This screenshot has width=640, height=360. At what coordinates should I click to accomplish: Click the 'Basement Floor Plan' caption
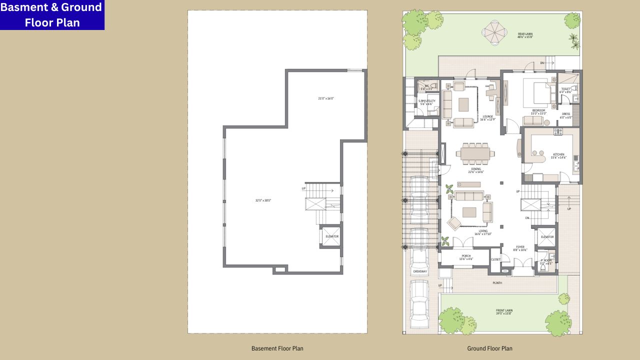point(277,348)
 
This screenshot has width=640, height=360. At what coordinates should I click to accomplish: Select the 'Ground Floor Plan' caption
point(489,348)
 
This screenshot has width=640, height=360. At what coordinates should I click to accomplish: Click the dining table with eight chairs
point(475,154)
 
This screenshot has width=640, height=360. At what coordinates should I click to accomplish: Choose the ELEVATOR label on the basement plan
point(331,236)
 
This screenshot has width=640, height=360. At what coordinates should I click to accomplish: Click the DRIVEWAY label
point(420,271)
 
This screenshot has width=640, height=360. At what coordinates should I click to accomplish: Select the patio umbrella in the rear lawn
point(495,32)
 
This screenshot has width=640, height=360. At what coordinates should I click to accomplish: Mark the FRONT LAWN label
point(504,311)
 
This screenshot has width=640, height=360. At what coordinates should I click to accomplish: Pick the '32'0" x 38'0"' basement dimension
point(263,200)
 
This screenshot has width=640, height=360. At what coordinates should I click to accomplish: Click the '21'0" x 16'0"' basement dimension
point(326,98)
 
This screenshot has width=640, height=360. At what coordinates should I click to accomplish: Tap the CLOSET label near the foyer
point(495,259)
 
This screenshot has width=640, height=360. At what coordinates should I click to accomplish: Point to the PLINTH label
point(497,283)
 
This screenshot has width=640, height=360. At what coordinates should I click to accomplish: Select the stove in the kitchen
point(558,132)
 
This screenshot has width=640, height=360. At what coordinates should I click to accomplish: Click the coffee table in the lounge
point(464,104)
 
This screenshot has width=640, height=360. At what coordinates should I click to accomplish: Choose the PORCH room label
point(466,257)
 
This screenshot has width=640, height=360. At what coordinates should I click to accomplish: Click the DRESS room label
point(566,114)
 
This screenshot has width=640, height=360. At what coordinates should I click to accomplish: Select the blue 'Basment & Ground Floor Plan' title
point(52,15)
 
